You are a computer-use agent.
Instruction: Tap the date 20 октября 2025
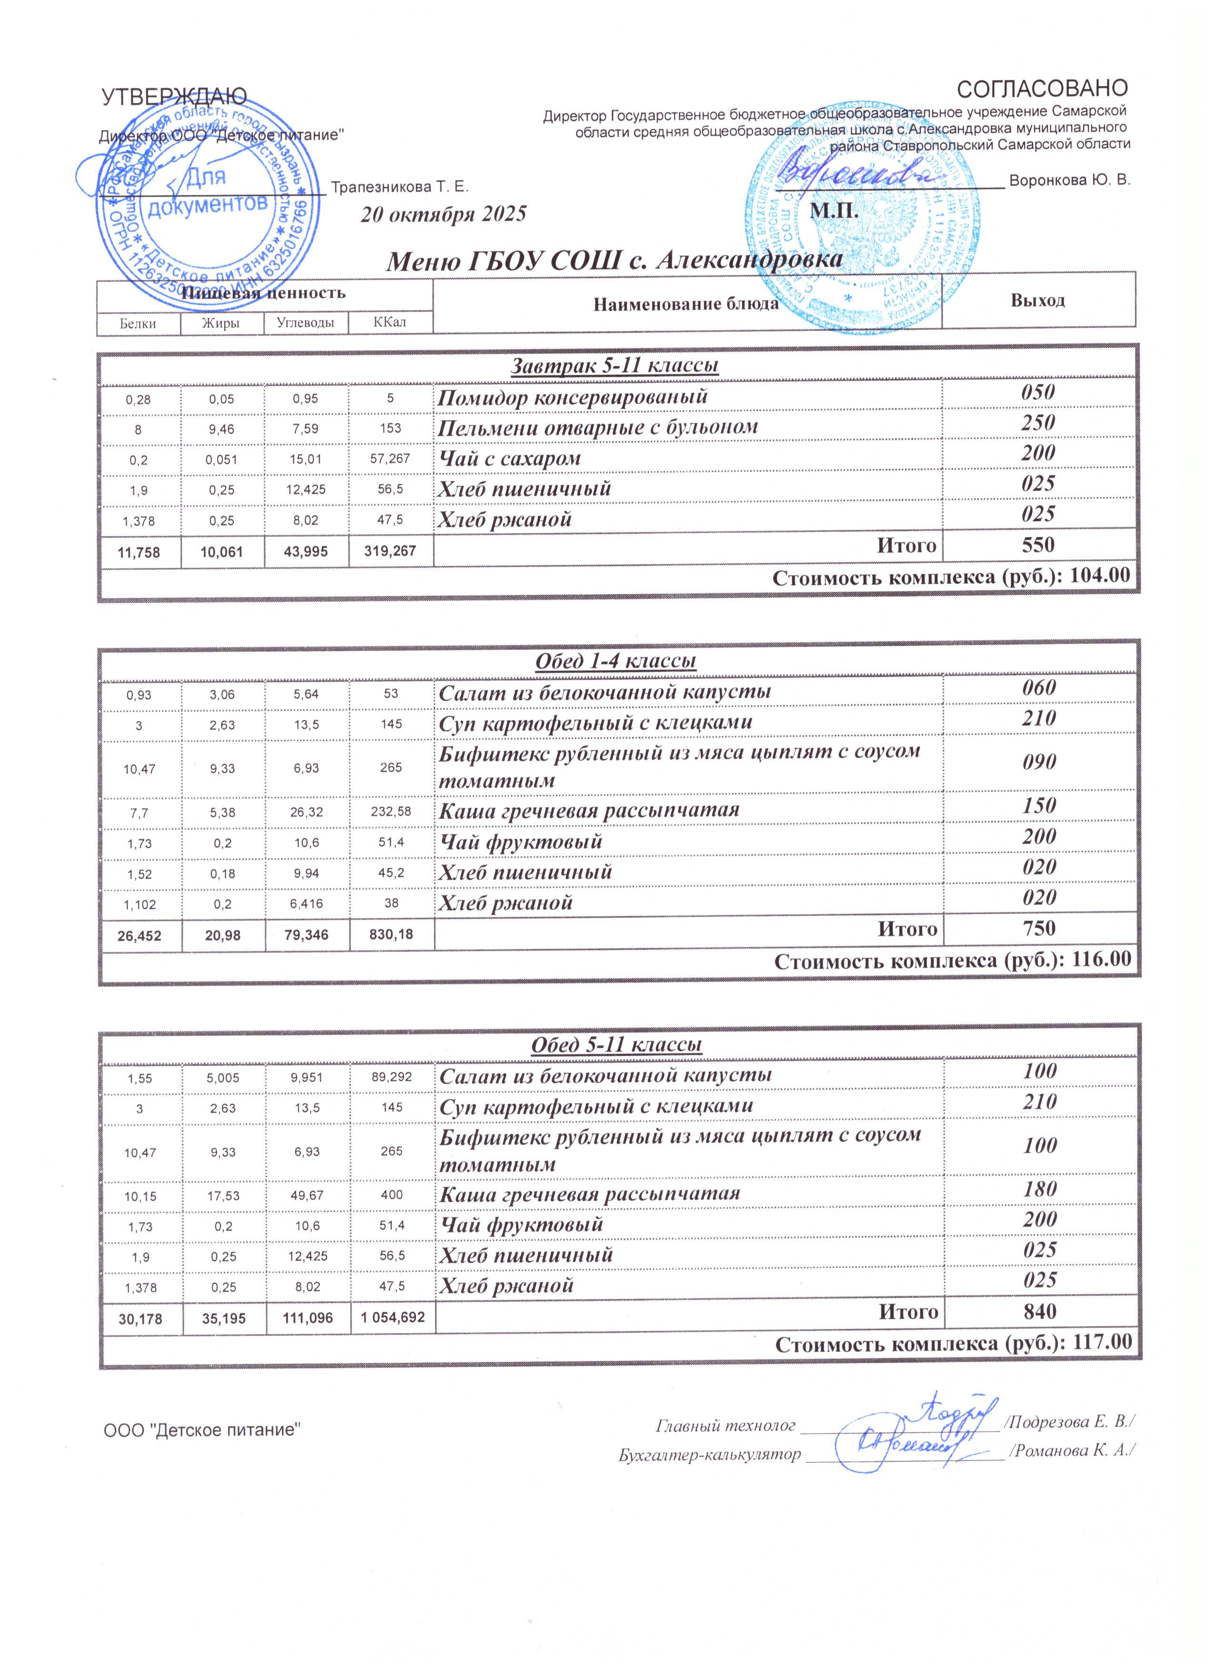point(444,214)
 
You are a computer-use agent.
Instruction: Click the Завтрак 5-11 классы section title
point(615,366)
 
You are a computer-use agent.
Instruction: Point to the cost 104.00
point(1099,576)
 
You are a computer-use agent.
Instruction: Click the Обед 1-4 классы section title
point(615,660)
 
